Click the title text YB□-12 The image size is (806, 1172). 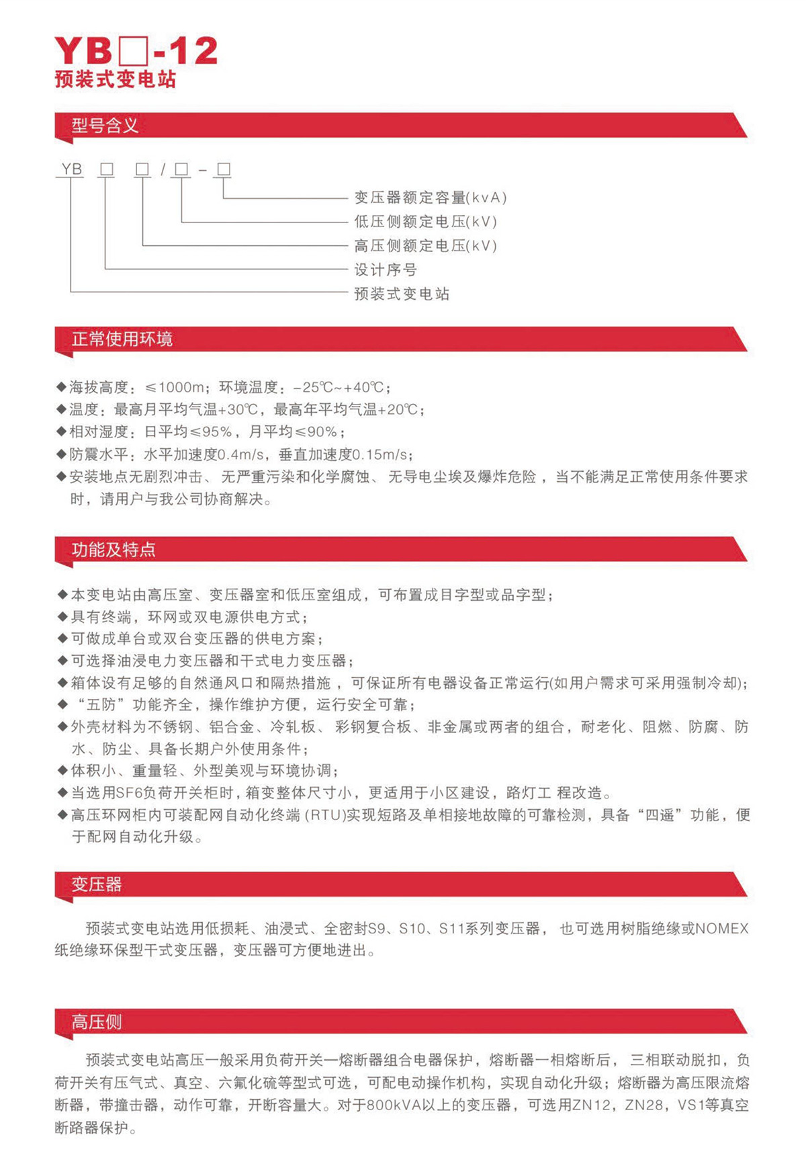[136, 51]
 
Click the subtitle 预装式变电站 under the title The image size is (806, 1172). [115, 80]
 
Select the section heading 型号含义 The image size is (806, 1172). [105, 126]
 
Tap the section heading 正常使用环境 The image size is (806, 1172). [122, 339]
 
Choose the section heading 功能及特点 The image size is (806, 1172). [114, 550]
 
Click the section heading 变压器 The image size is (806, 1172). [97, 884]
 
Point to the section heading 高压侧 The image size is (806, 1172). [97, 1022]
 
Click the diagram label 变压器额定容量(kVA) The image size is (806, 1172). [431, 198]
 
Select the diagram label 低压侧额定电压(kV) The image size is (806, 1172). [426, 222]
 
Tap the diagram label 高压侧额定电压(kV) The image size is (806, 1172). [426, 246]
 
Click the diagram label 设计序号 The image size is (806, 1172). [386, 270]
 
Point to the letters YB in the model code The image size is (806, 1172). [72, 169]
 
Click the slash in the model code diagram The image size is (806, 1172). [163, 170]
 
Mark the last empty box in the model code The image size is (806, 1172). [224, 169]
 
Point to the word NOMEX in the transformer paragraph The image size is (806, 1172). [722, 929]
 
